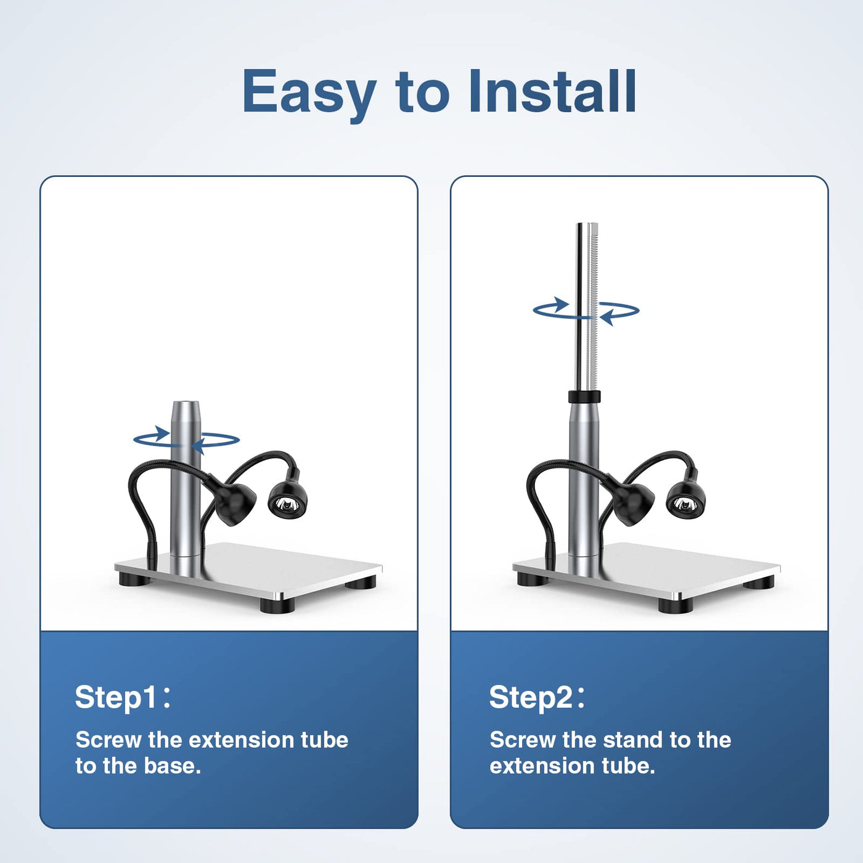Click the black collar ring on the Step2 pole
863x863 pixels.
(584, 397)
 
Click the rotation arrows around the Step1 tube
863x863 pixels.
(186, 440)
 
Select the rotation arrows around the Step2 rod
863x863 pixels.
(586, 310)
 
